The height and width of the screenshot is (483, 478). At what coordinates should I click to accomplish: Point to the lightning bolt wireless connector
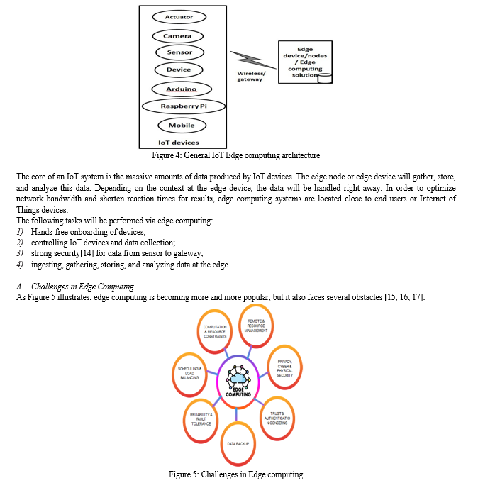pos(253,60)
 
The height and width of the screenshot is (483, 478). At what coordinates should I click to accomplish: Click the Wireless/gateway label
pos(251,77)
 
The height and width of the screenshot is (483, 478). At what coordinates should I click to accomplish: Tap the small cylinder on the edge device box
pos(325,78)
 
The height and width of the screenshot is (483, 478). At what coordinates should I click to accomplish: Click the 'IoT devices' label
pos(179,143)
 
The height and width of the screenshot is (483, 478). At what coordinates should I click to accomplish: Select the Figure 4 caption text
pos(236,155)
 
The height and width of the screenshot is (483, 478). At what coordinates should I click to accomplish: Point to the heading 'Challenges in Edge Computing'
pos(82,287)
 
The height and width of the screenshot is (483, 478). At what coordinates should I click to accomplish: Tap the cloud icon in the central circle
pos(238,377)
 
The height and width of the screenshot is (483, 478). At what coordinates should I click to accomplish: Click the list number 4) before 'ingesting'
pos(20,265)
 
